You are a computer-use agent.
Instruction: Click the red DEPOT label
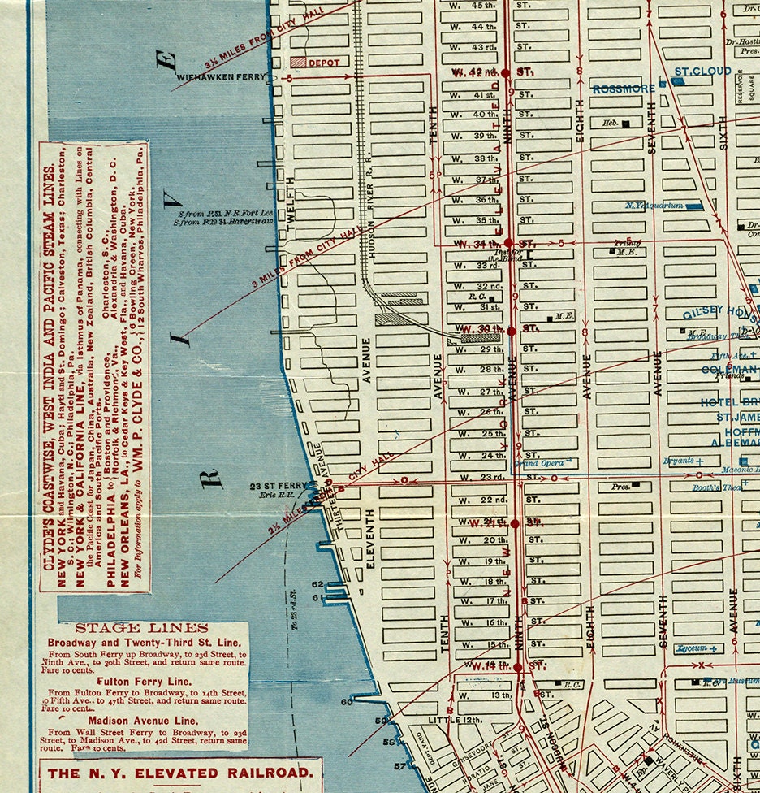coord(322,62)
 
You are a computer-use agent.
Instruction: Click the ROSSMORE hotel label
coord(623,89)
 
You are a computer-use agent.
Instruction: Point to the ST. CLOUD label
coord(702,71)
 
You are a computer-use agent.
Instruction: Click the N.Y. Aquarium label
coord(654,206)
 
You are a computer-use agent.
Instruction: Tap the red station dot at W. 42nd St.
coord(506,73)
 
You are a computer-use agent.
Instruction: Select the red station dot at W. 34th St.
coord(508,243)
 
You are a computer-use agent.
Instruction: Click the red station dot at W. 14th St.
coord(516,667)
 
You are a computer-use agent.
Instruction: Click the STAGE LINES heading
coord(142,628)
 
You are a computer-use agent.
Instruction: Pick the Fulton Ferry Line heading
coord(142,681)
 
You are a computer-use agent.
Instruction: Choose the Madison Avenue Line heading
coord(142,720)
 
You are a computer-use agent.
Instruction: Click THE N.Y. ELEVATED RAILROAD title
coord(179,773)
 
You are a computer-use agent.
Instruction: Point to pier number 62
coord(317,584)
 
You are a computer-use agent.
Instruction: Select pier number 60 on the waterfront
coord(347,700)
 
